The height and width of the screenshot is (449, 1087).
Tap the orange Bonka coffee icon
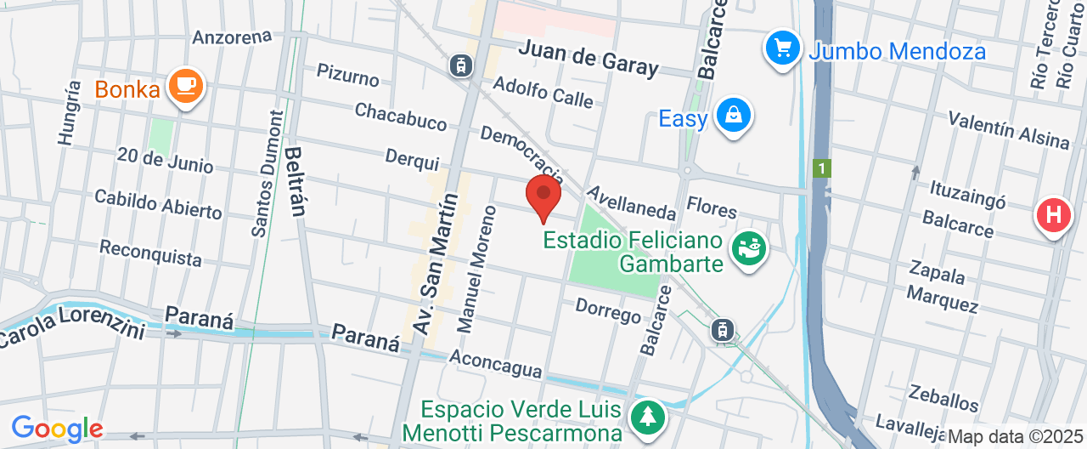[185, 85]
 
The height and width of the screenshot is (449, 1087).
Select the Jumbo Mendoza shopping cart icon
[782, 48]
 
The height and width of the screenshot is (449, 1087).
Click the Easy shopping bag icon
[731, 115]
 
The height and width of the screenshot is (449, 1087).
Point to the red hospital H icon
[1054, 214]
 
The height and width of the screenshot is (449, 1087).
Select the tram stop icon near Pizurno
[461, 64]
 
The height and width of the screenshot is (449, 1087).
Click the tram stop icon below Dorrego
[723, 329]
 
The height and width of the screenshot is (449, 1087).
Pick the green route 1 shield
[820, 168]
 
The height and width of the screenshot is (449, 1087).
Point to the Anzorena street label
[232, 37]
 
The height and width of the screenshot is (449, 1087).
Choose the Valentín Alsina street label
[1009, 129]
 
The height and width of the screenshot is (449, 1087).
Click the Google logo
[57, 428]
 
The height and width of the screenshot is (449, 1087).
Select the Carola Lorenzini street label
[72, 330]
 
